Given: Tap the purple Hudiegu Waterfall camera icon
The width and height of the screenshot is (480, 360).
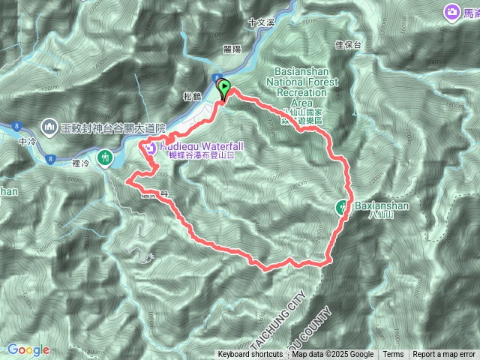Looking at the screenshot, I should click(x=150, y=147).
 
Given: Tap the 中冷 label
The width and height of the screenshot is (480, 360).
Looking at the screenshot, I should click(x=27, y=139).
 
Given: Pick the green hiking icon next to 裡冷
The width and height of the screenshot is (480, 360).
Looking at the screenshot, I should click(x=104, y=157).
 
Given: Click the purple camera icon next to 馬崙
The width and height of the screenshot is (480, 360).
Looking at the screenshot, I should click(x=452, y=12).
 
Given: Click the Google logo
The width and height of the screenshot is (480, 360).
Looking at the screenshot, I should click(x=28, y=349).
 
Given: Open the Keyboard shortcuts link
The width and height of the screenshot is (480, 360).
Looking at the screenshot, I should click(x=250, y=355).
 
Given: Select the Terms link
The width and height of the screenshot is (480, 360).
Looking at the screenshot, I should click(x=393, y=355).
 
